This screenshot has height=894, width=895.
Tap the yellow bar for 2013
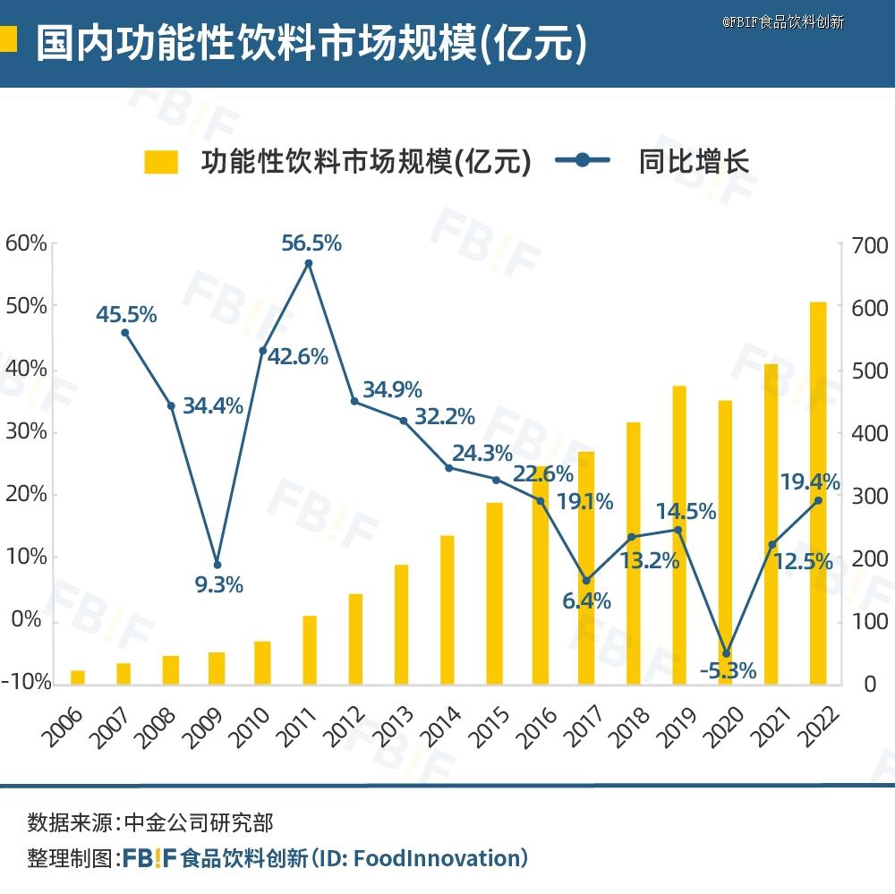tap(401, 624)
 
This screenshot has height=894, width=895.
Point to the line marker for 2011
tap(309, 263)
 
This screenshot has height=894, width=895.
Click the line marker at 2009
tap(217, 565)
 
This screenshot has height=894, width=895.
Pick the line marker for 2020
tap(726, 653)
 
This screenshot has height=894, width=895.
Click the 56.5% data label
tap(311, 243)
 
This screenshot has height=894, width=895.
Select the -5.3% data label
tap(727, 670)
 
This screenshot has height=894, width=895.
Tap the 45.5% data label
tap(127, 315)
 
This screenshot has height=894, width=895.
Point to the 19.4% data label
tap(810, 483)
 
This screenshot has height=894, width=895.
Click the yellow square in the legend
tap(161, 162)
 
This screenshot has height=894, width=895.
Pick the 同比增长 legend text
tap(694, 162)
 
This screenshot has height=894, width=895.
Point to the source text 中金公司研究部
tap(198, 822)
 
